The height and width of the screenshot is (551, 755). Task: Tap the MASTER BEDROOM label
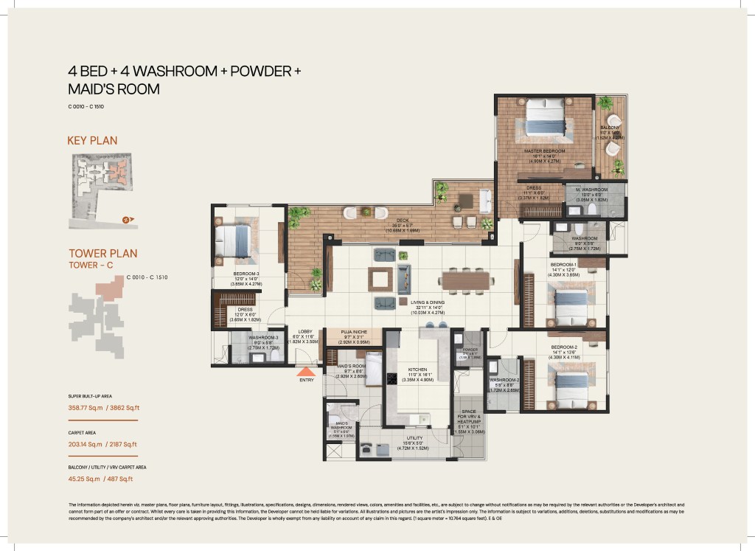(543, 150)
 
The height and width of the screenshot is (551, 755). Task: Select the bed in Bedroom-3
(234, 241)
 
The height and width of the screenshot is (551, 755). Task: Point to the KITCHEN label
(418, 369)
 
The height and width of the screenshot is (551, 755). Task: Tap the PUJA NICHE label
(353, 333)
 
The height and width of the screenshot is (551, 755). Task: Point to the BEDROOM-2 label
(566, 347)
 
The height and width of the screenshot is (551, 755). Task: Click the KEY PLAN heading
(92, 140)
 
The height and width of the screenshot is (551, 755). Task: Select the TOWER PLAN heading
(102, 253)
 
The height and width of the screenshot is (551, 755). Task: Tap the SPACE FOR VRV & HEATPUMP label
(469, 417)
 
